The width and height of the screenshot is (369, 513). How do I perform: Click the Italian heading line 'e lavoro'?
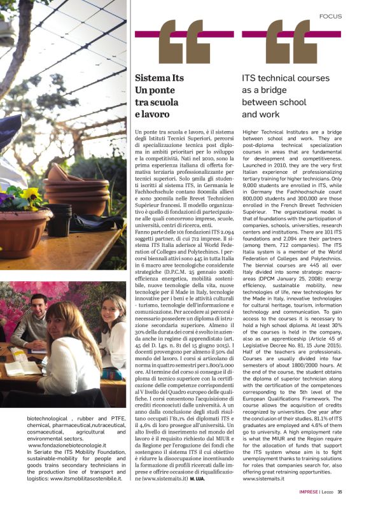click(x=153, y=115)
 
